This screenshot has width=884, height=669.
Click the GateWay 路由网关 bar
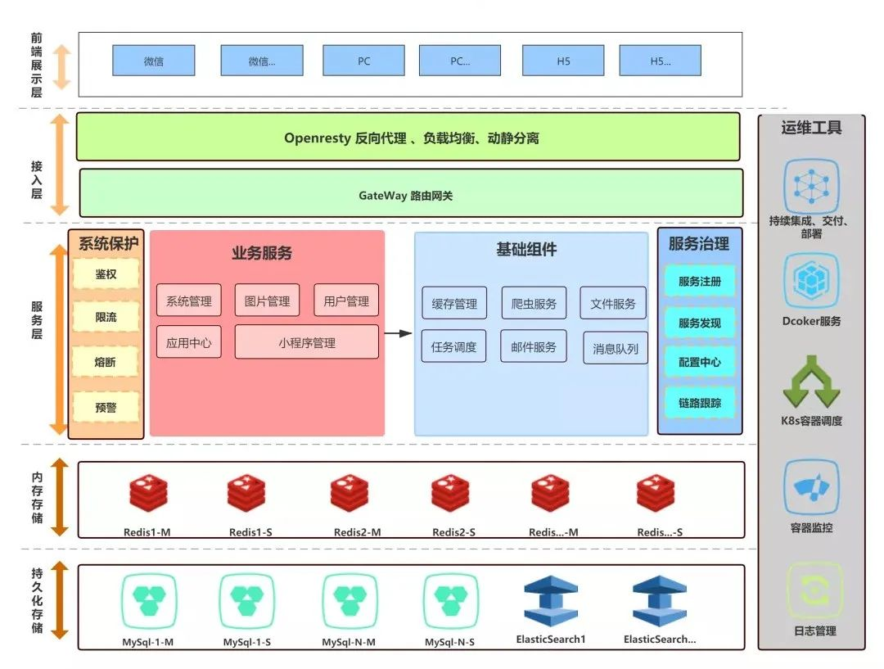(411, 193)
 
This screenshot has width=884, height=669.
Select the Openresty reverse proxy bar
(408, 137)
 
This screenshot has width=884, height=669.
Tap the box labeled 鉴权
(106, 274)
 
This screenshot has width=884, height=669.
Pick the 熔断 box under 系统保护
(106, 362)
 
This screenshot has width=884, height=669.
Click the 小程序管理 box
(307, 341)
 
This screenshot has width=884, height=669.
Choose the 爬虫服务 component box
(534, 304)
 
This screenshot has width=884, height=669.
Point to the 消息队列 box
(615, 348)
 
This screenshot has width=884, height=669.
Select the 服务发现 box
(700, 323)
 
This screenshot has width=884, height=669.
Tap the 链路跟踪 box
(700, 403)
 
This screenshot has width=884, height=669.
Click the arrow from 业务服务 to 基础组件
(398, 333)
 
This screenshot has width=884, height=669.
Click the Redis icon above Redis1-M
(148, 492)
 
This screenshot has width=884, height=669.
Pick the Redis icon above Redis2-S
(450, 492)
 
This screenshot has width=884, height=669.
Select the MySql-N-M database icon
(350, 601)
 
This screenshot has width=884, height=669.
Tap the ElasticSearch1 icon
(551, 601)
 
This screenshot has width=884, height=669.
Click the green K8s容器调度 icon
(811, 382)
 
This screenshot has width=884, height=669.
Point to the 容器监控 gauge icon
(811, 488)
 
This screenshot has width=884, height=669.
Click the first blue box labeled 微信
(154, 61)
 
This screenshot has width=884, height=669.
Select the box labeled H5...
(563, 61)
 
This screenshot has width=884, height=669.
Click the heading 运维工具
(811, 128)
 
